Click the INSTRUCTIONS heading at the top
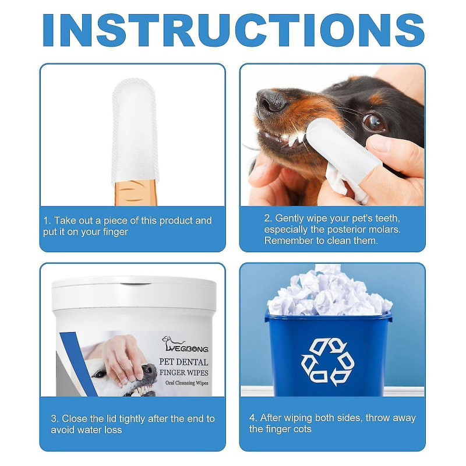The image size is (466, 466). pos(233,29)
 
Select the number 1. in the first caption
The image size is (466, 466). pos(48,221)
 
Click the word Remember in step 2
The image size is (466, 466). pos(287,241)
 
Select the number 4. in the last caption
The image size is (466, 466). pos(253,418)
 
